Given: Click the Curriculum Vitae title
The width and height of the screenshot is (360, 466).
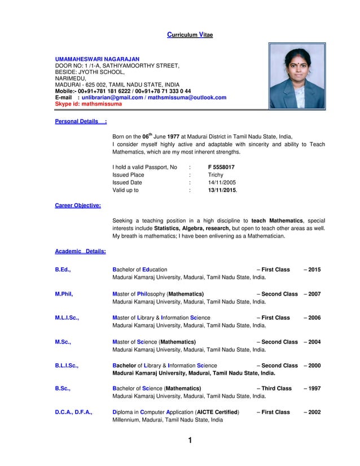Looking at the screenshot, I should click(x=190, y=35).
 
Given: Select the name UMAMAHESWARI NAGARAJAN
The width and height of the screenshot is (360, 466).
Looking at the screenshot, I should click(x=97, y=59).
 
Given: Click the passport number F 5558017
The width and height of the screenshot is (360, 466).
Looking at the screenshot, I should click(x=221, y=168).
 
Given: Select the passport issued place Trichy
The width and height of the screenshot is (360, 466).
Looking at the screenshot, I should click(x=216, y=175).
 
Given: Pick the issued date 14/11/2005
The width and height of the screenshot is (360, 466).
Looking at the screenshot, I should click(x=222, y=183).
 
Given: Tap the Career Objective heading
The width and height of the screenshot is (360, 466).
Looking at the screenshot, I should click(x=78, y=205).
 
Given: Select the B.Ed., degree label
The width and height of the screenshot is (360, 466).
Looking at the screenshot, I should click(x=63, y=270).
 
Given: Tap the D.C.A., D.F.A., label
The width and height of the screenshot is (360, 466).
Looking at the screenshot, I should click(x=74, y=412).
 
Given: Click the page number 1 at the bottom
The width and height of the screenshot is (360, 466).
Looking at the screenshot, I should click(x=190, y=441).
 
